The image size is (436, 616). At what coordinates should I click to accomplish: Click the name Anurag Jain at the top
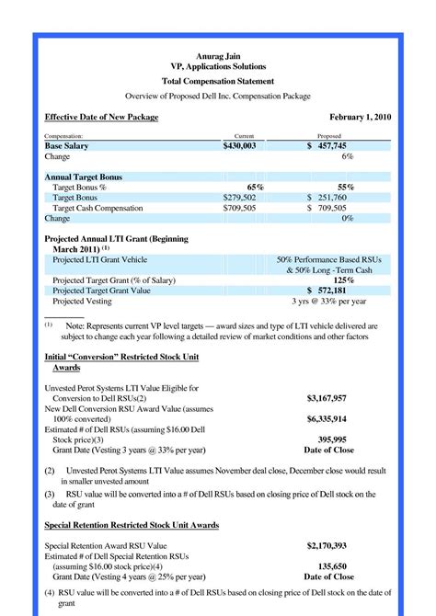coord(218,56)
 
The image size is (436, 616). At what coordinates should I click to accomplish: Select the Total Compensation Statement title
coord(218,81)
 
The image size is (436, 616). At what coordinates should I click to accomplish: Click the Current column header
coord(244,135)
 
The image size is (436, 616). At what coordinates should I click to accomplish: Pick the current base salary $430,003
coord(243,146)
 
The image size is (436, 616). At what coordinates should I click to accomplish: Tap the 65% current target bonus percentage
coord(255,187)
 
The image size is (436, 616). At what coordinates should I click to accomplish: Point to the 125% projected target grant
coord(344,279)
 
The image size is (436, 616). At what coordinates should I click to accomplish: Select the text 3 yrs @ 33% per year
coord(328,302)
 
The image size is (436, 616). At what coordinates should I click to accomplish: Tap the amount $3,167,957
coord(328,398)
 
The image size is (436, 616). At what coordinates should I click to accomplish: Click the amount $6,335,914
coord(328,419)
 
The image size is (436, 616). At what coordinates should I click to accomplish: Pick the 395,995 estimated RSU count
coord(328,439)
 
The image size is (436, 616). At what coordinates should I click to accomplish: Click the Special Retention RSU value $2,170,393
coord(328,545)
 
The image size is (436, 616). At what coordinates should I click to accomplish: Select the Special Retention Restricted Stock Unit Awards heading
coord(132,525)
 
